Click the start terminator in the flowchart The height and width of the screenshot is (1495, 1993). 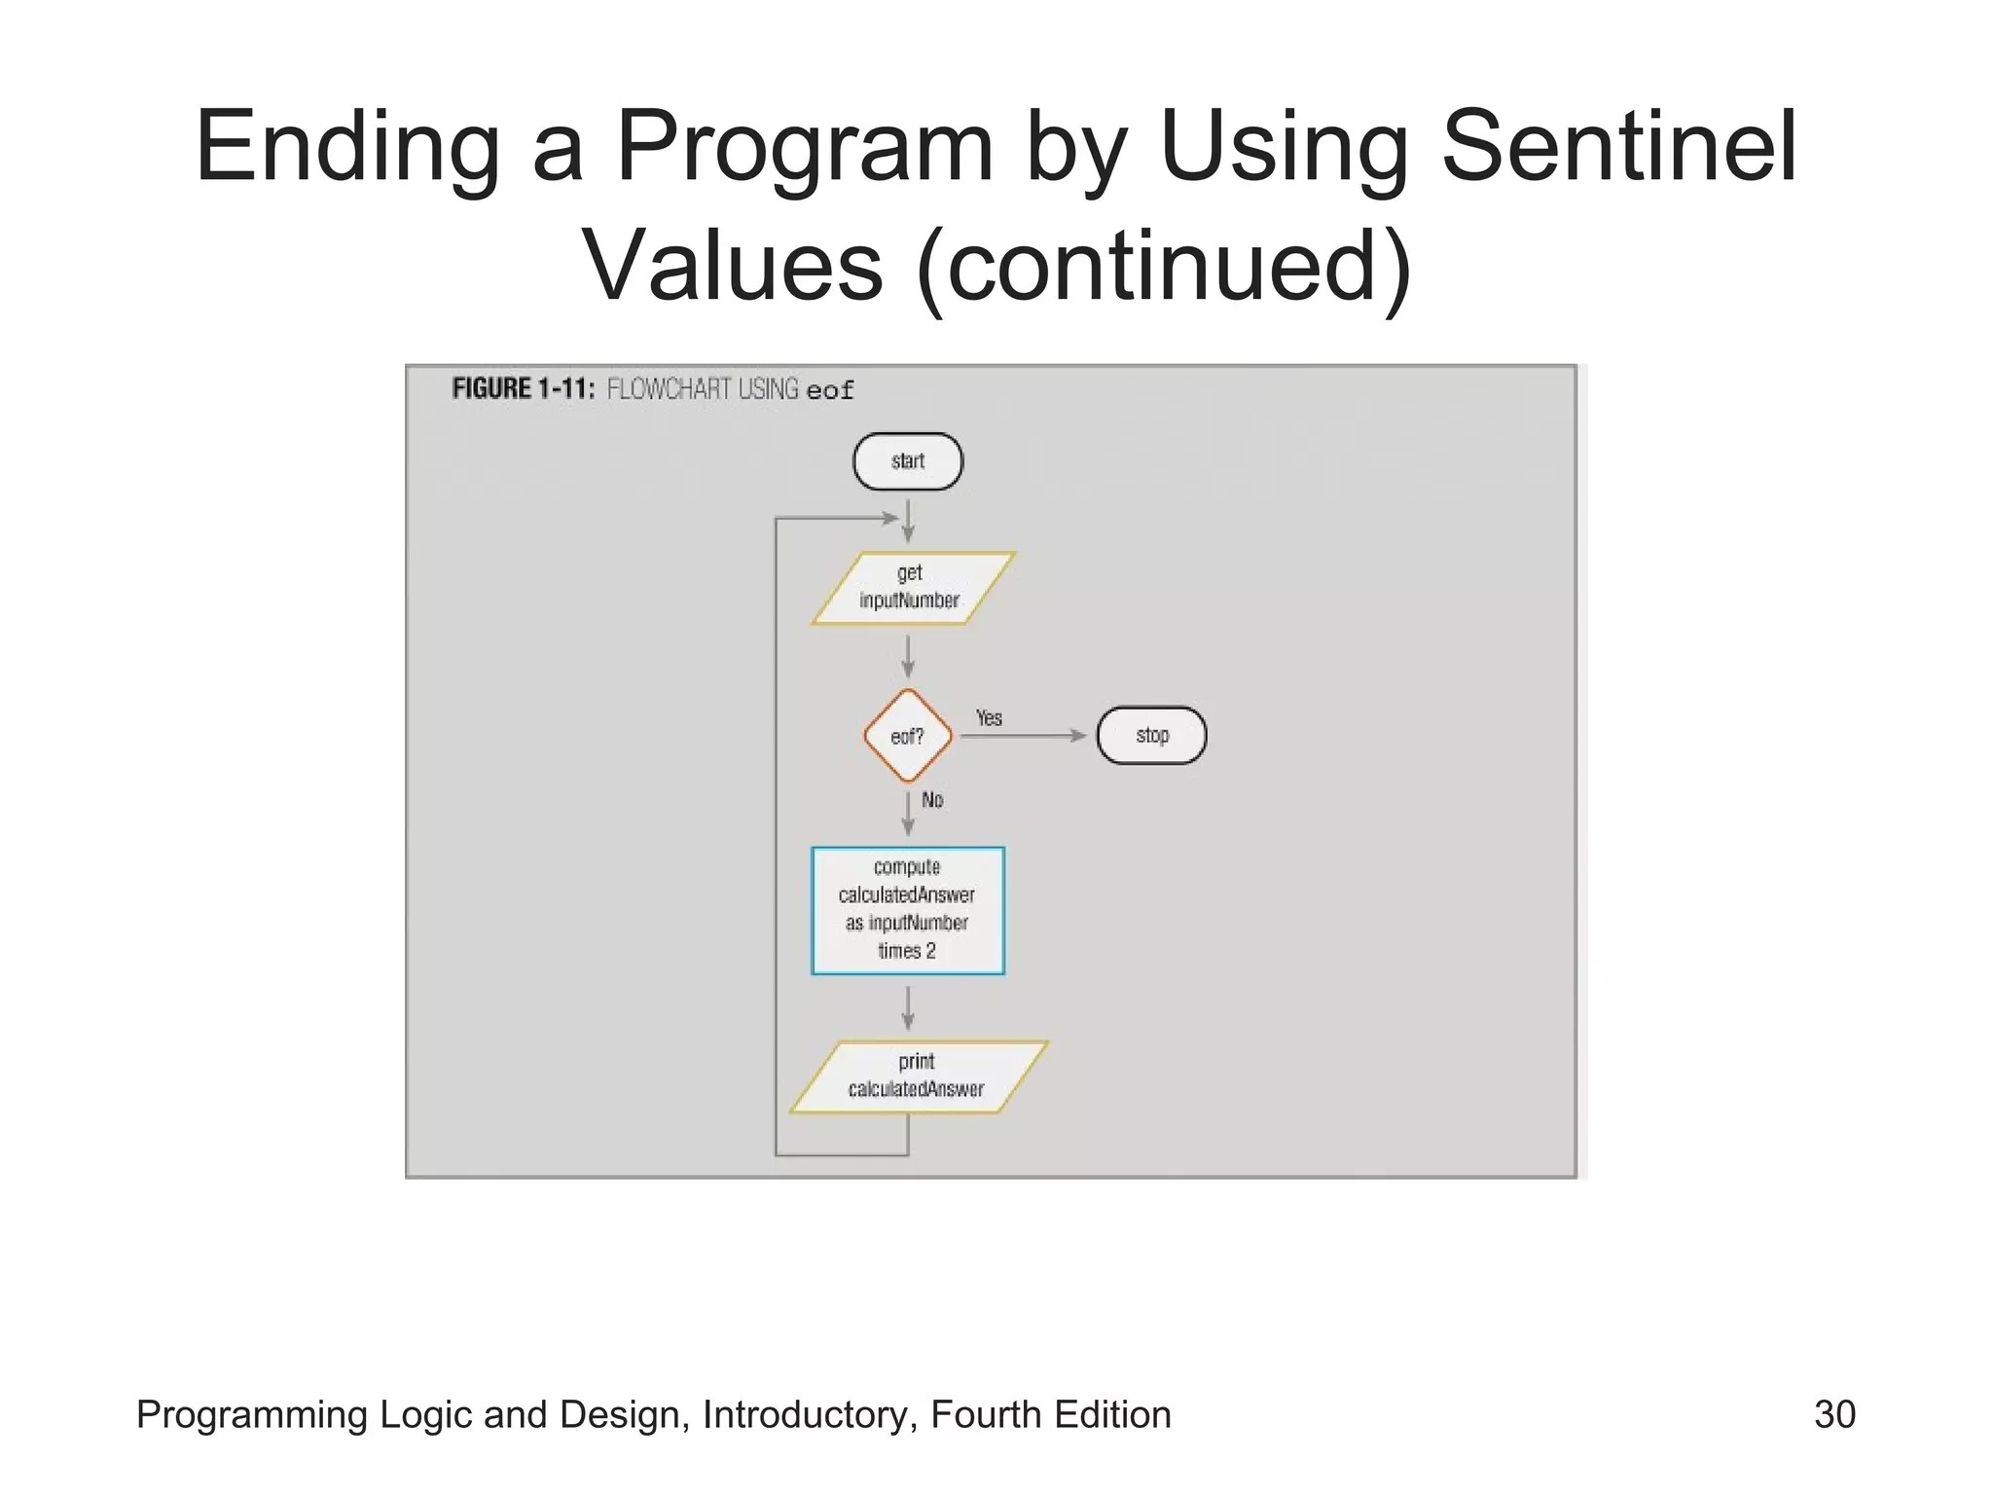(x=907, y=461)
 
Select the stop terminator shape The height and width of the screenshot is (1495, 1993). (x=1151, y=736)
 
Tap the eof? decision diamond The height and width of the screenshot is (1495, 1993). (x=907, y=736)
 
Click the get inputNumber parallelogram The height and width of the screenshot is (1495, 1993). (x=912, y=588)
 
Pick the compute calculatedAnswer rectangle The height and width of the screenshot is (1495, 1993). (x=907, y=910)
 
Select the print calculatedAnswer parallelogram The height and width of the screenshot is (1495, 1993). (x=917, y=1076)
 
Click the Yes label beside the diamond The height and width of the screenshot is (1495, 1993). (x=989, y=718)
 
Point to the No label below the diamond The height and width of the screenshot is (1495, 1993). (x=932, y=800)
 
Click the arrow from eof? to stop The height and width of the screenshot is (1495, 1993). (x=1022, y=736)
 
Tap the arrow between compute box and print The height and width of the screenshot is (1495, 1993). (x=908, y=1007)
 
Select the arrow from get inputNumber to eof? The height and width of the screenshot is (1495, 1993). (x=908, y=656)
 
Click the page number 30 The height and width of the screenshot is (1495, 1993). (x=1834, y=1414)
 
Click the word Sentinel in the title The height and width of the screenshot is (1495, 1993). (x=1617, y=147)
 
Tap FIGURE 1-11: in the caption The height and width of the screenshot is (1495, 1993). (x=523, y=389)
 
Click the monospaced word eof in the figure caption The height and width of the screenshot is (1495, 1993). (x=830, y=391)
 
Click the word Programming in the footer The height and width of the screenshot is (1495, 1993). (x=251, y=1414)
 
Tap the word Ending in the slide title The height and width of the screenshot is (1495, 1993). (x=347, y=147)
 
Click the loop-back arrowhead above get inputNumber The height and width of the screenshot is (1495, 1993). (x=888, y=518)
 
